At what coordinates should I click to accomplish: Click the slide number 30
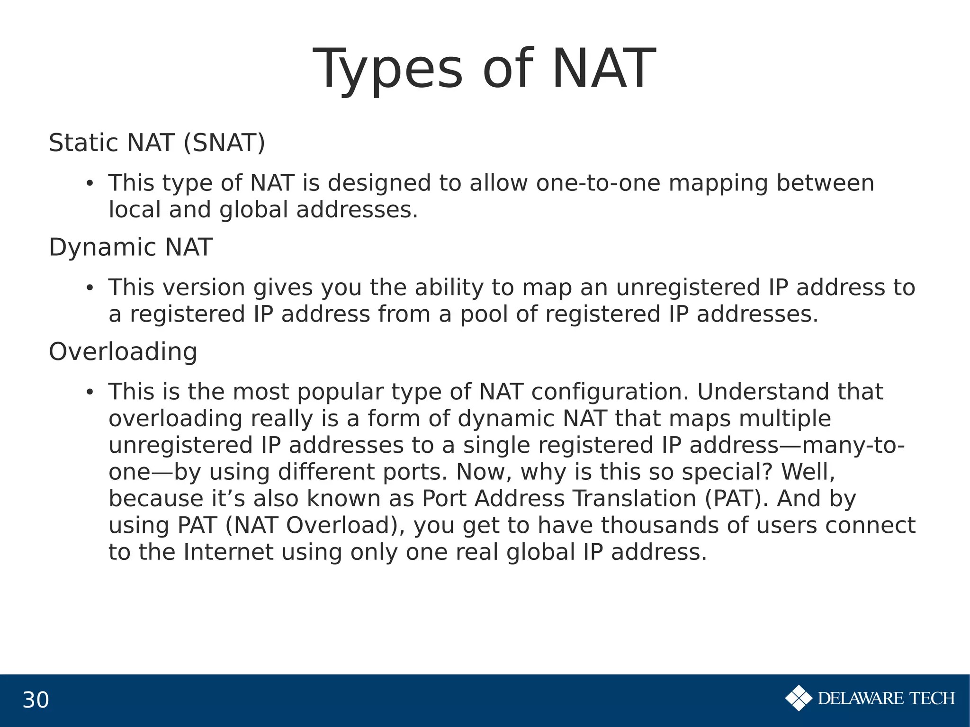click(x=36, y=700)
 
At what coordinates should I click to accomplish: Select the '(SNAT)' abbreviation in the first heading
click(x=224, y=143)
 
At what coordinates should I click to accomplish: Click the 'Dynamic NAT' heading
click(x=130, y=247)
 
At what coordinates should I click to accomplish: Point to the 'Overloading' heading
click(x=123, y=352)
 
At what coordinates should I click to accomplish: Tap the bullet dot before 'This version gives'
click(x=89, y=288)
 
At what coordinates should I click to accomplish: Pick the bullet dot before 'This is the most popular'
click(x=89, y=392)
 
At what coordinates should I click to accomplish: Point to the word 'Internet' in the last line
click(x=228, y=552)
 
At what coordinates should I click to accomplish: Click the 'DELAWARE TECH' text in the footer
click(x=886, y=699)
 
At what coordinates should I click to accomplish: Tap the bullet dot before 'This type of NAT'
click(x=89, y=184)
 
